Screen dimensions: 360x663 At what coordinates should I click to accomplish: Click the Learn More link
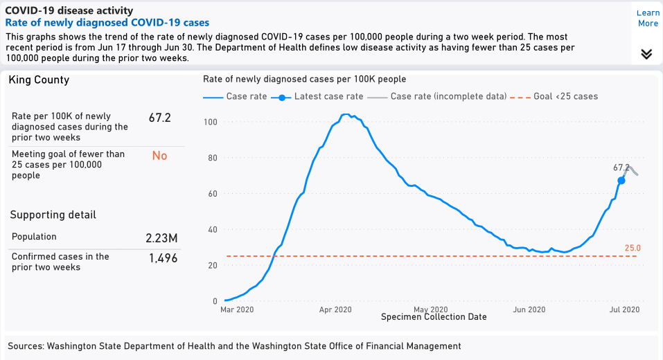pyautogui.click(x=648, y=18)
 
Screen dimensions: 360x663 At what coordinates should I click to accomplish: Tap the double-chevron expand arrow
pyautogui.click(x=646, y=54)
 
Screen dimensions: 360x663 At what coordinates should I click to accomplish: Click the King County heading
pyautogui.click(x=39, y=80)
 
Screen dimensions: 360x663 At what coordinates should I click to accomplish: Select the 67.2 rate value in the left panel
pyautogui.click(x=159, y=118)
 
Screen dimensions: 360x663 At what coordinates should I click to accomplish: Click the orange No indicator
pyautogui.click(x=159, y=156)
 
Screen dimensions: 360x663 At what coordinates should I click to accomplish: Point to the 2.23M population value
pyautogui.click(x=161, y=238)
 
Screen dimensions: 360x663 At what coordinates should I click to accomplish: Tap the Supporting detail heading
pyautogui.click(x=53, y=215)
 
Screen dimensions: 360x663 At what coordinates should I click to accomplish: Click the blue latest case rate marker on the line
pyautogui.click(x=621, y=180)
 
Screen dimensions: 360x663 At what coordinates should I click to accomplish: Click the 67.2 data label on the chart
pyautogui.click(x=621, y=168)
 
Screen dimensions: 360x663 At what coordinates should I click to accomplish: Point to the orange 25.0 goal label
pyautogui.click(x=633, y=248)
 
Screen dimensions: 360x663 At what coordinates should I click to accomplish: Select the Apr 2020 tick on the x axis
pyautogui.click(x=336, y=309)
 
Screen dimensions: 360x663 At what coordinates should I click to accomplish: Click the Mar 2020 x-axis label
pyautogui.click(x=237, y=309)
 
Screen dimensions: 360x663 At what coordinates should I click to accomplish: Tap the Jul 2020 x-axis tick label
pyautogui.click(x=624, y=309)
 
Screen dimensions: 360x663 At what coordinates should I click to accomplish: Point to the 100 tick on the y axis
pyautogui.click(x=211, y=122)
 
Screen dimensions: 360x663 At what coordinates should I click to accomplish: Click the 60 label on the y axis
pyautogui.click(x=213, y=194)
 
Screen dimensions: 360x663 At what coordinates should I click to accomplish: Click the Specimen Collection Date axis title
pyautogui.click(x=434, y=317)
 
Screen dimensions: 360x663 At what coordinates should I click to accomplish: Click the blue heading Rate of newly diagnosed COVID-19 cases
pyautogui.click(x=107, y=23)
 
